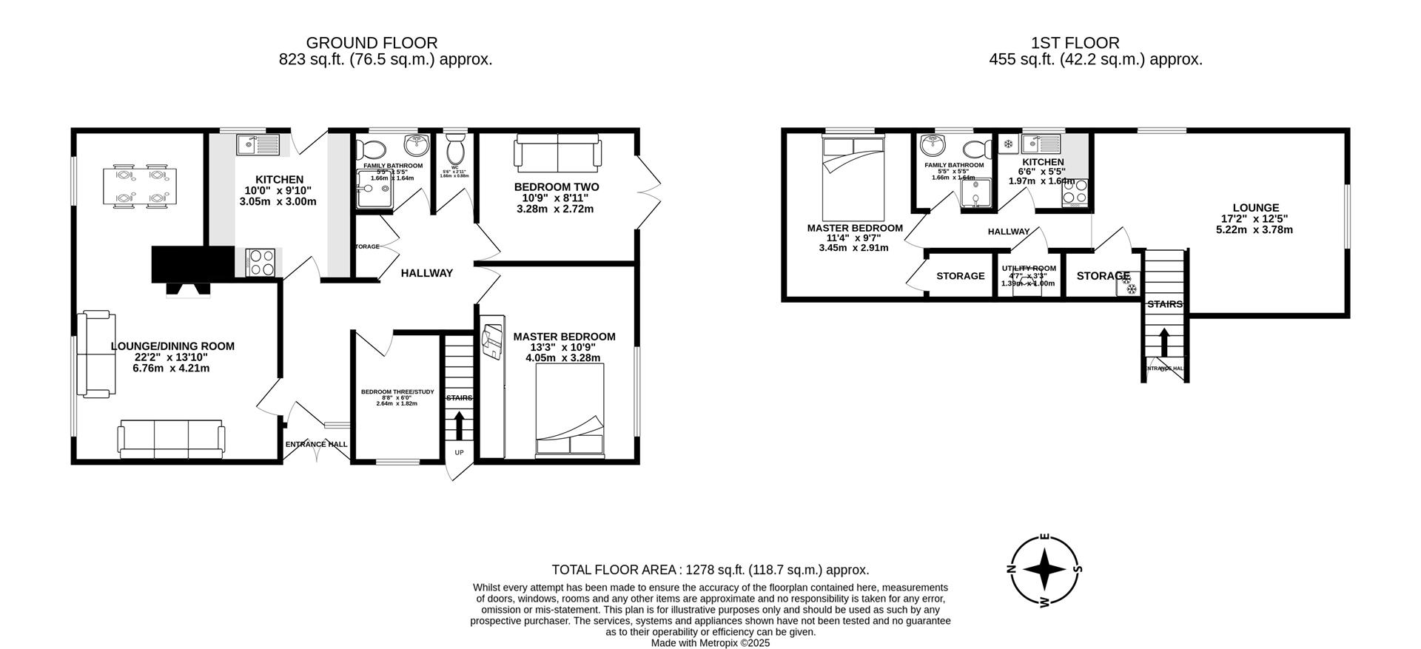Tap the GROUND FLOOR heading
pyautogui.click(x=372, y=43)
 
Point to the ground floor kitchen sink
pyautogui.click(x=257, y=144)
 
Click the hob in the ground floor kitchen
pyautogui.click(x=262, y=261)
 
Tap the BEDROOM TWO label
pyautogui.click(x=557, y=187)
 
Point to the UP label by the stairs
pyautogui.click(x=459, y=452)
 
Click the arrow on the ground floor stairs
pyautogui.click(x=459, y=426)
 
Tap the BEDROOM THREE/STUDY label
pyautogui.click(x=397, y=391)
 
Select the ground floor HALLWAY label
pyautogui.click(x=426, y=273)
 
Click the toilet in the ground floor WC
pyautogui.click(x=454, y=152)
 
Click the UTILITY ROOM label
pyautogui.click(x=1028, y=269)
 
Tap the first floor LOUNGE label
pyautogui.click(x=1255, y=208)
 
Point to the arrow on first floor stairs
pyautogui.click(x=1163, y=343)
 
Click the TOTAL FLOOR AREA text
pyautogui.click(x=710, y=570)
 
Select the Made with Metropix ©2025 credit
pyautogui.click(x=710, y=643)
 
